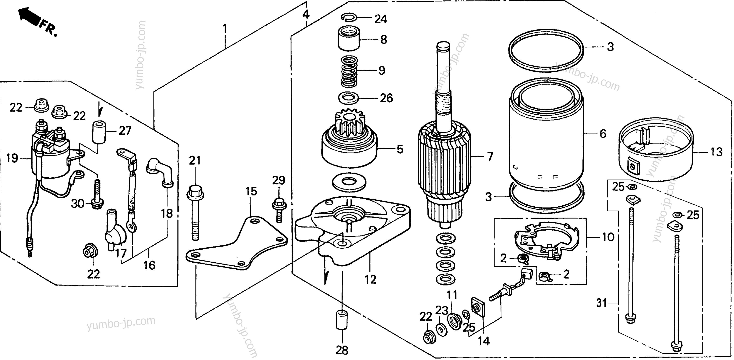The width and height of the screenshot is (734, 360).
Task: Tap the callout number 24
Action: point(381,19)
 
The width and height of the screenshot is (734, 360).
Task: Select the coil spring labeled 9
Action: point(349,71)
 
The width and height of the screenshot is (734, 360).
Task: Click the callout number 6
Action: point(603,134)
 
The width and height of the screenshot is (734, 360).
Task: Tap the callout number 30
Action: point(78,204)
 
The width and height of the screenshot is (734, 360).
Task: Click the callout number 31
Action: point(602,303)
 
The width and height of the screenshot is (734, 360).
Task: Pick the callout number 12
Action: point(370,280)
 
